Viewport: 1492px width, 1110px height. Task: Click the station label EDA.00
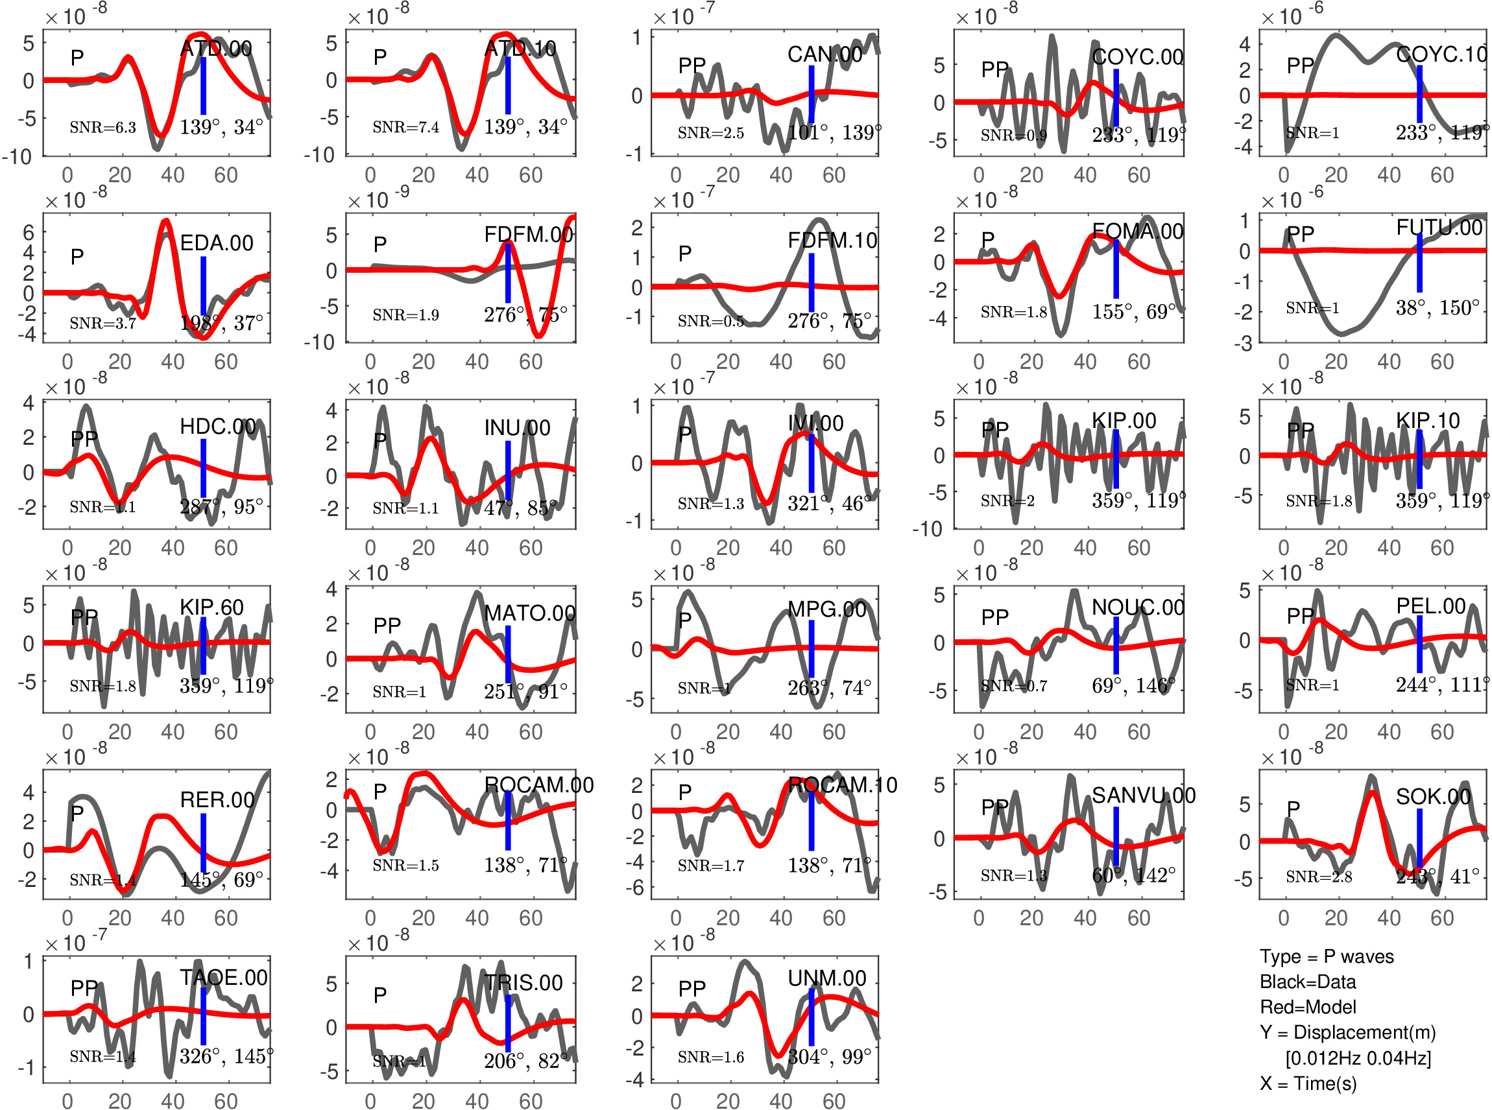(x=217, y=242)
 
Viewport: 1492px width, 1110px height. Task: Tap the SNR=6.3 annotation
(x=103, y=127)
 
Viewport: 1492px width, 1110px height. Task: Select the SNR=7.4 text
(x=406, y=127)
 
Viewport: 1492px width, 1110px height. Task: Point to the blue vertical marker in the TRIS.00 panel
(x=508, y=1023)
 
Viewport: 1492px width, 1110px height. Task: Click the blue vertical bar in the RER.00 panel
(x=203, y=843)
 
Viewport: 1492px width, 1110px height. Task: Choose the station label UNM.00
(x=826, y=978)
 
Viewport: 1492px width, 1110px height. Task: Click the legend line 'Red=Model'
(x=1307, y=1007)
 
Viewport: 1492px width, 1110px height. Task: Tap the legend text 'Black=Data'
(x=1307, y=982)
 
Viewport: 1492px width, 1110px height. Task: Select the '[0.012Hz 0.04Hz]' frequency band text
(x=1358, y=1058)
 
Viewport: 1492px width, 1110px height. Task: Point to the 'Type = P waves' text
(x=1326, y=957)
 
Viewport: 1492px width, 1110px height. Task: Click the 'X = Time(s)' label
(x=1307, y=1084)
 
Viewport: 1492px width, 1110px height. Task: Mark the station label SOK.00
(x=1433, y=797)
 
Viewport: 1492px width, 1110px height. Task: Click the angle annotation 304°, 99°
(x=829, y=1057)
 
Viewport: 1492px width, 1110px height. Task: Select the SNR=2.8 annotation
(x=1318, y=877)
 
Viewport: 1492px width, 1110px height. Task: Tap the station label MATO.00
(x=529, y=613)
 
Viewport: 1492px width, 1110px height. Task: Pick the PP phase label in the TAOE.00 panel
(x=84, y=987)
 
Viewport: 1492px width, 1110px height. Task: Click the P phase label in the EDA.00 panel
(x=77, y=256)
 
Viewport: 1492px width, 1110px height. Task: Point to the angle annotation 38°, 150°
(x=1437, y=308)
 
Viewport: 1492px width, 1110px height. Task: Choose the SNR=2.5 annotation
(x=710, y=133)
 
